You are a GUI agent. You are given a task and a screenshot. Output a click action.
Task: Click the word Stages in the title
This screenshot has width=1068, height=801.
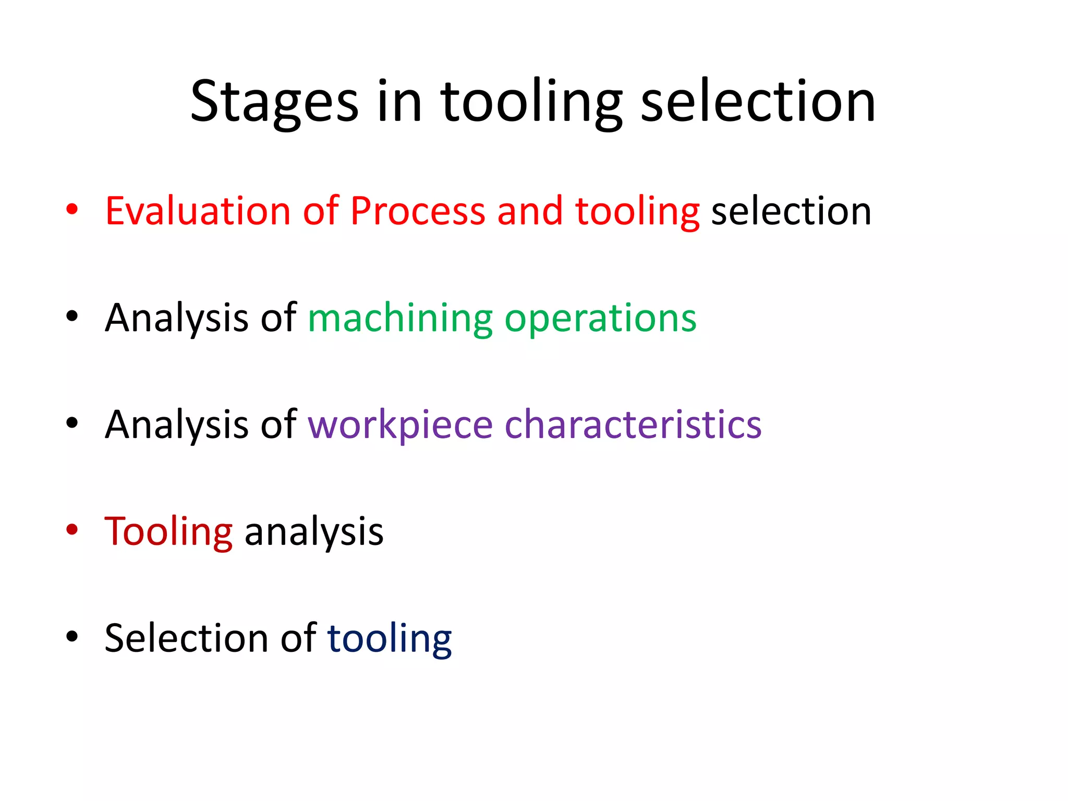click(x=274, y=102)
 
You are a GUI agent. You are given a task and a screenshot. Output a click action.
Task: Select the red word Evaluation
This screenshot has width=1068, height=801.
click(x=198, y=211)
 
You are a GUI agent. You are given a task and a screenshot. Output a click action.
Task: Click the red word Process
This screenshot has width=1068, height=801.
click(x=418, y=211)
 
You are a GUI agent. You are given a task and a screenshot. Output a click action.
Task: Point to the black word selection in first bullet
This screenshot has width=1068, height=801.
click(x=791, y=211)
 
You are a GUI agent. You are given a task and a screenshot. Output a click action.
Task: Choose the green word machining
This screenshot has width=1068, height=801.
click(x=400, y=318)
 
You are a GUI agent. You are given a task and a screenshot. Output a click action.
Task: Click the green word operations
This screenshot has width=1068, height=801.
click(x=600, y=318)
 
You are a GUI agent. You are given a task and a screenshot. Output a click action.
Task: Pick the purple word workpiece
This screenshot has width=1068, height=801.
click(x=400, y=424)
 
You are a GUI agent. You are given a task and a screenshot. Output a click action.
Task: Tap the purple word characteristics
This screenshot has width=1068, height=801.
click(x=633, y=424)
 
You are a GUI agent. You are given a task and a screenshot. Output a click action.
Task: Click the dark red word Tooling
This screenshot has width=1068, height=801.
click(x=168, y=531)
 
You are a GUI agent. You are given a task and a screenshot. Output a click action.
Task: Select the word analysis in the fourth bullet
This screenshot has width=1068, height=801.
click(x=314, y=531)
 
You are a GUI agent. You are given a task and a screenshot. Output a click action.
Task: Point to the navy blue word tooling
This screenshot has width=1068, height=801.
click(x=389, y=638)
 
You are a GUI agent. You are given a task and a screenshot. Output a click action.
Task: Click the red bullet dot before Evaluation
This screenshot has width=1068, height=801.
click(x=72, y=210)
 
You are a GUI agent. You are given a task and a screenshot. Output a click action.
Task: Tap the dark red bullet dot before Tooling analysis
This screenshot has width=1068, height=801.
click(x=72, y=530)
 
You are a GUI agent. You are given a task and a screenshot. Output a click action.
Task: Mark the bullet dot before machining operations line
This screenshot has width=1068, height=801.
click(x=72, y=317)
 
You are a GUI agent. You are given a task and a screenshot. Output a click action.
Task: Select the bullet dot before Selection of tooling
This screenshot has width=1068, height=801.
click(x=72, y=636)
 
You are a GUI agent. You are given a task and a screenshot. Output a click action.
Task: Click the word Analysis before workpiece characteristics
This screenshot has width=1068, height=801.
click(x=176, y=424)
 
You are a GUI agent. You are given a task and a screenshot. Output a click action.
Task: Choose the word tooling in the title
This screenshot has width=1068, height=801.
click(x=531, y=102)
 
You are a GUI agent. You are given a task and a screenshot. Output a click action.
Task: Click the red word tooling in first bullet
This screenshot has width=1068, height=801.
click(x=637, y=211)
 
